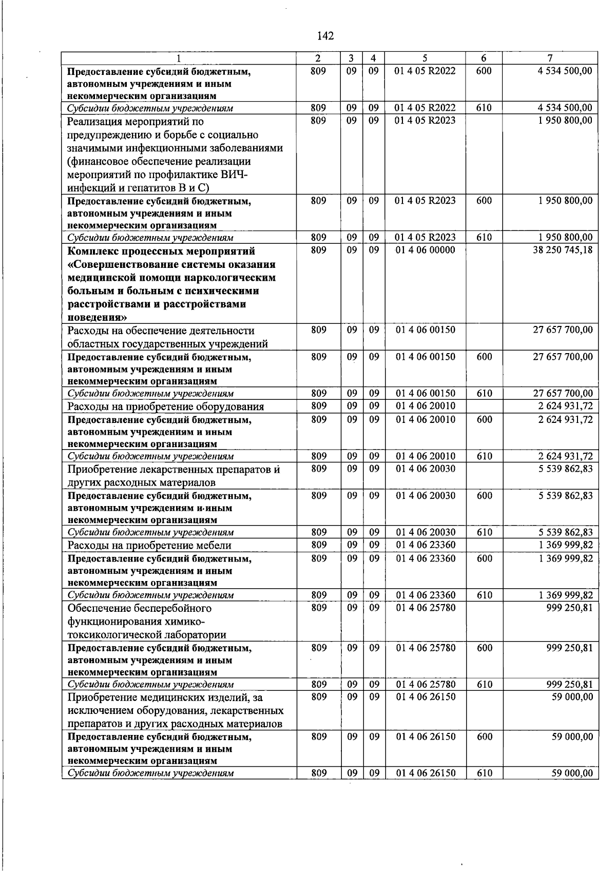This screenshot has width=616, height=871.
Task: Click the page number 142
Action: [x=325, y=36]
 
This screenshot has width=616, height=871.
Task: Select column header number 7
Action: [x=550, y=59]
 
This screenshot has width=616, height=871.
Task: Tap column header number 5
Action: [x=425, y=59]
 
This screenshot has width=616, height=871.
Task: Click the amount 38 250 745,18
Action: [x=563, y=250]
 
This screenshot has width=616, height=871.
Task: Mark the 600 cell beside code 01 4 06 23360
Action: [x=484, y=558]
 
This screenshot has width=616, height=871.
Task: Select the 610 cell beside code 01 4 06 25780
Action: [x=484, y=684]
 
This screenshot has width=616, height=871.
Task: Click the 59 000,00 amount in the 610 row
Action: [x=572, y=773]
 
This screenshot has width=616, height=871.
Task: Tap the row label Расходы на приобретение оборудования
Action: [x=165, y=407]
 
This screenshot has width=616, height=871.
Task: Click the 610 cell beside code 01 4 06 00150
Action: [x=484, y=394]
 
